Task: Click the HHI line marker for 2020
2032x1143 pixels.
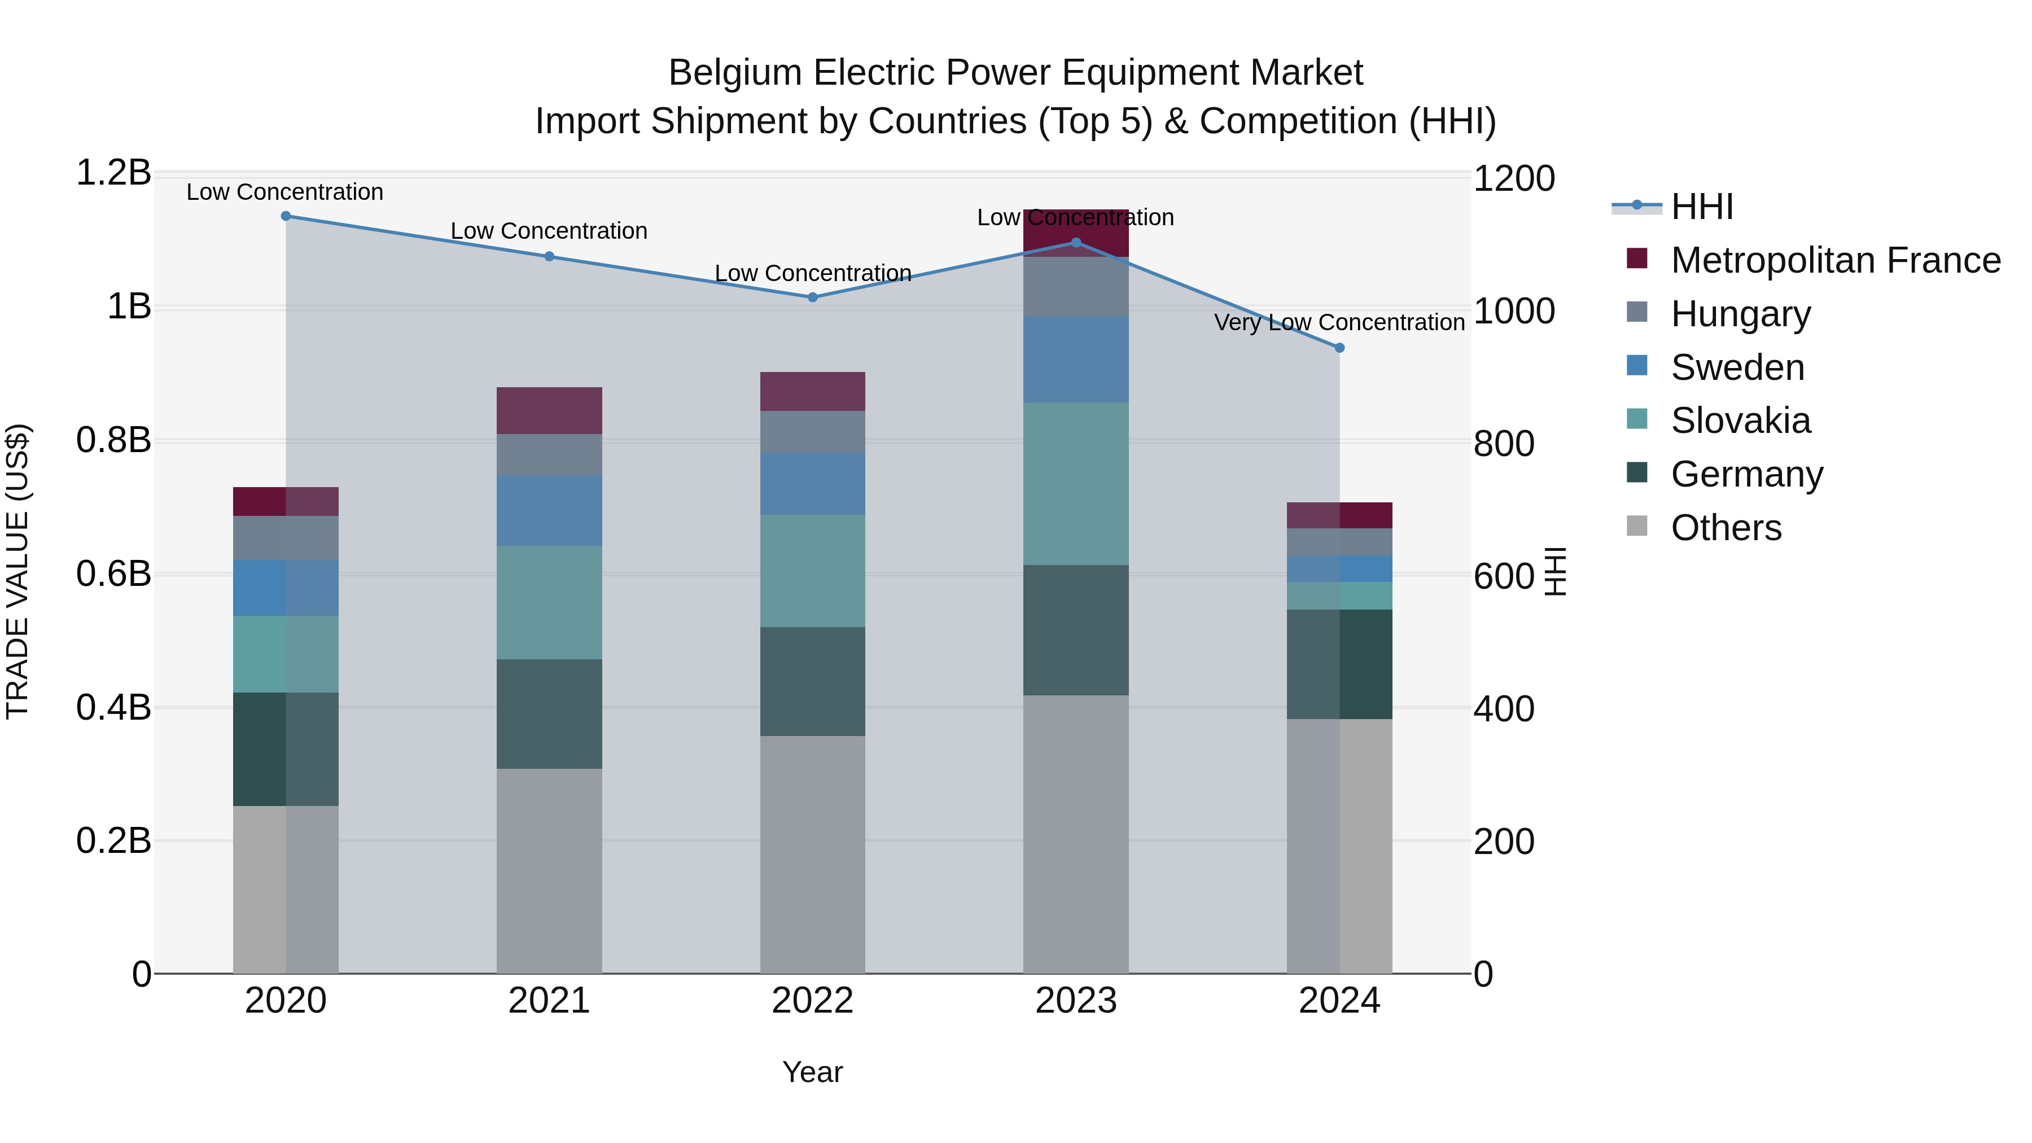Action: pos(286,216)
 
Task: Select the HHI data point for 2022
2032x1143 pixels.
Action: pos(812,297)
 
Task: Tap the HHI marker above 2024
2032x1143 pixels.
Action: pos(1339,348)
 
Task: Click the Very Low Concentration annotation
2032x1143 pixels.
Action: pos(1339,323)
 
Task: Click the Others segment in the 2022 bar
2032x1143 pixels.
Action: pos(812,855)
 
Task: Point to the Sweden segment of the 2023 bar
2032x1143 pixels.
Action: pos(1076,360)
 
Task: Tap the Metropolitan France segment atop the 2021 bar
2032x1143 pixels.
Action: pos(549,410)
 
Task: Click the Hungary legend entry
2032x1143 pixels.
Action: pos(1740,314)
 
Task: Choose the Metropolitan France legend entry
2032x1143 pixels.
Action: pos(1835,260)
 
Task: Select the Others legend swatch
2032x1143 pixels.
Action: pos(1637,526)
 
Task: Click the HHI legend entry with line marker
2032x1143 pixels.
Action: pos(1672,207)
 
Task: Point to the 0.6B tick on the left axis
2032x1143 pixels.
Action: pos(113,574)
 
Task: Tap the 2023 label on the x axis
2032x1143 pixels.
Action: pos(1076,1001)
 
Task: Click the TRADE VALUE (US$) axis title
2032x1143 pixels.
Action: pos(17,571)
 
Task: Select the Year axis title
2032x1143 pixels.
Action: pos(812,1072)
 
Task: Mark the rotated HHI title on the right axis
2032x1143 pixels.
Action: pos(1555,571)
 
